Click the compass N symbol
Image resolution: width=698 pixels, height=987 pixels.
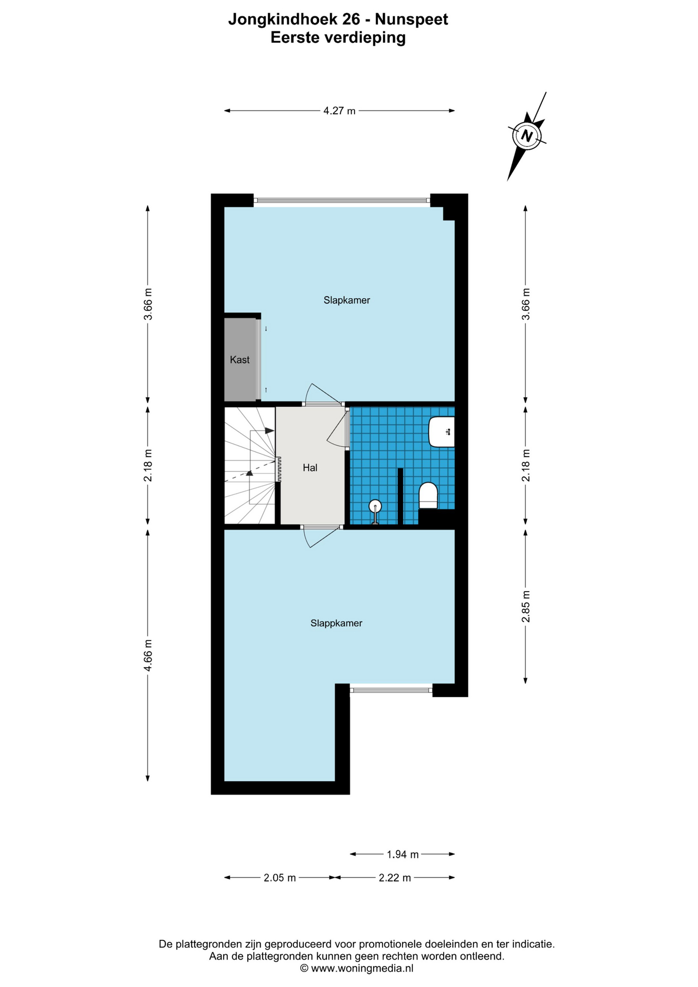pos(527,136)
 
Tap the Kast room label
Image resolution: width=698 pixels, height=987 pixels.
pos(240,360)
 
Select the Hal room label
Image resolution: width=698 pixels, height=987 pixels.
pos(310,468)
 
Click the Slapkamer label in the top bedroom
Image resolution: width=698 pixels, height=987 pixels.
pos(346,300)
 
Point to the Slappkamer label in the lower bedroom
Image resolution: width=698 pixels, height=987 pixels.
pos(336,623)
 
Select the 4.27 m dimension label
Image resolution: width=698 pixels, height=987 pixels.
pos(339,111)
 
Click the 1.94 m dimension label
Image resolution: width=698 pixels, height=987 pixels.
pos(402,854)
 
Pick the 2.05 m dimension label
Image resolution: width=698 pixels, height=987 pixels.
pos(280,878)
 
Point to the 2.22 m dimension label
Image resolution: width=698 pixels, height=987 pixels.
pos(395,878)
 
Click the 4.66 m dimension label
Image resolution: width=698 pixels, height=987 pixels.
pos(148,655)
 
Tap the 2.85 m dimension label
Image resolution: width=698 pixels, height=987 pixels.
pos(526,606)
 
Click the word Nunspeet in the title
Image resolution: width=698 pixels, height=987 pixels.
pos(411,20)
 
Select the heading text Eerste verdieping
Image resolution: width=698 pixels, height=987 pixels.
pos(338,38)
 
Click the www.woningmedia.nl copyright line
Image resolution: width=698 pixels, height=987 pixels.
pos(356,968)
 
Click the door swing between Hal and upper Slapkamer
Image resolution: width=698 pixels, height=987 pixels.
pos(321,394)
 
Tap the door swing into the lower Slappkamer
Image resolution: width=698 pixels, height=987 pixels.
pos(321,537)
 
